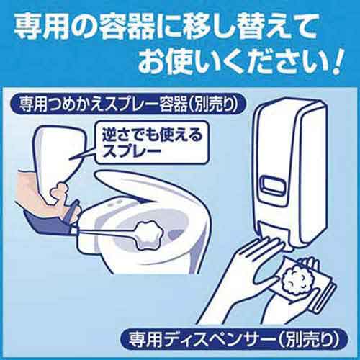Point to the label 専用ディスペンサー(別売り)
point(233,340)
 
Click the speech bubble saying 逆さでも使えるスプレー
point(152,143)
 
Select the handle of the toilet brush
point(106,231)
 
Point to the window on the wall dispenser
point(272,184)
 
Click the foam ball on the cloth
point(294,278)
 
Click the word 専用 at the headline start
point(42,27)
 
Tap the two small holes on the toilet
point(116,202)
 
